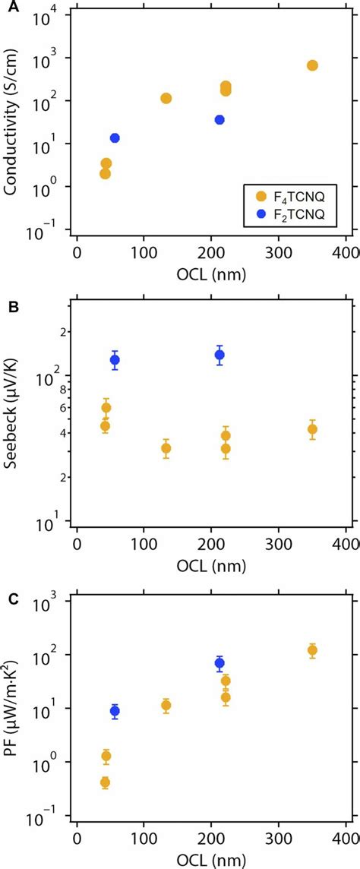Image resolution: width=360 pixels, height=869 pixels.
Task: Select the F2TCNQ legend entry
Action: coord(292,215)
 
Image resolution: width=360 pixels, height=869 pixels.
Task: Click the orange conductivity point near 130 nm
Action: coord(166,98)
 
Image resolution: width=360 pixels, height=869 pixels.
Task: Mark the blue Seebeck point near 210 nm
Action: coord(219,355)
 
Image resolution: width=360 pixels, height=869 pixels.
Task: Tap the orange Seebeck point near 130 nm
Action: coord(166,448)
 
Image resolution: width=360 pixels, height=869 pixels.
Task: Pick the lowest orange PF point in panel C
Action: coord(105,782)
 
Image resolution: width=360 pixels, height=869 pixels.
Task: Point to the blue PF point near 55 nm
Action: coord(115,711)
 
